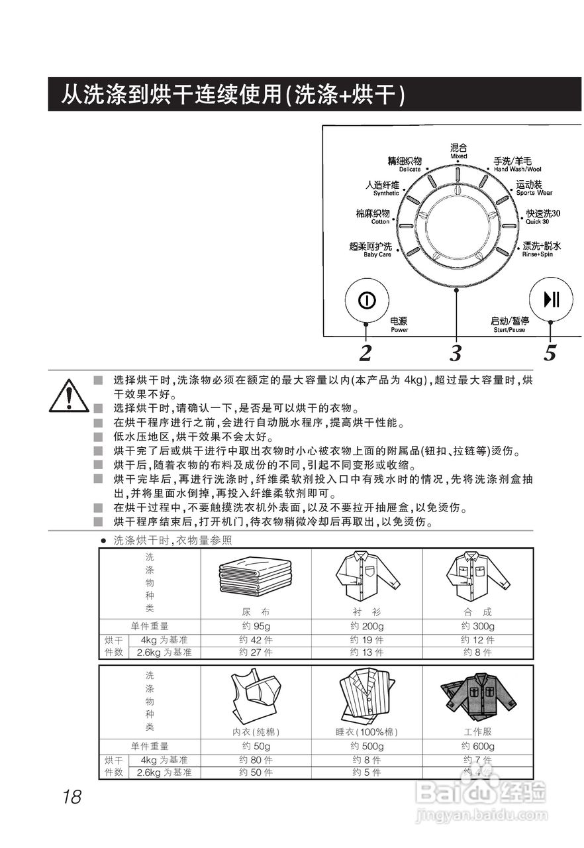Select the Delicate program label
tap(405, 164)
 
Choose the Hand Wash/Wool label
tap(518, 164)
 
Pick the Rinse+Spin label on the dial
tap(541, 249)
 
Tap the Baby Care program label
tap(370, 250)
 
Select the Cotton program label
tap(373, 217)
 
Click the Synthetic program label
tap(383, 188)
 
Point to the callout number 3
tap(456, 354)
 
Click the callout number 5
tap(550, 354)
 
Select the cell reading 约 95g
tap(256, 626)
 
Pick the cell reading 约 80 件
tap(256, 760)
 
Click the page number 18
tap(72, 797)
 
